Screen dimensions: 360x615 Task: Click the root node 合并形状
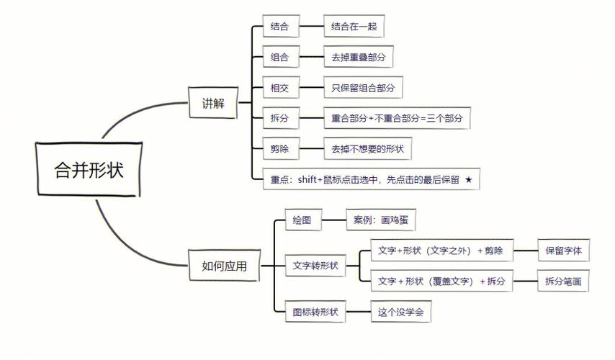point(89,170)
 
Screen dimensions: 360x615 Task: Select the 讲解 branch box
point(213,104)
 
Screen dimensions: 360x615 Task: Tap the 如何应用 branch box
point(224,266)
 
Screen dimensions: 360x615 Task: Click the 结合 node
point(279,27)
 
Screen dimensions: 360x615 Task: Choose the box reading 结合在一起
point(353,27)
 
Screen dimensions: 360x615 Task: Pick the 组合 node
point(279,58)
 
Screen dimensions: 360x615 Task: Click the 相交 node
point(279,88)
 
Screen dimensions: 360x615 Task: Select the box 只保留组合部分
point(363,88)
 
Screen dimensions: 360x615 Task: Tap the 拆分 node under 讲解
point(279,118)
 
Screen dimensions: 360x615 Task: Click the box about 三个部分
point(396,118)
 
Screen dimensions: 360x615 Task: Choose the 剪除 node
point(279,149)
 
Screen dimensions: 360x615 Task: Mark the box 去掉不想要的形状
point(367,149)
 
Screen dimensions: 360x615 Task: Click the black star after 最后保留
point(468,179)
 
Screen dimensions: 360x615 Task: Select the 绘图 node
point(301,220)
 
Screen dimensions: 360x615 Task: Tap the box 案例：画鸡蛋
point(380,220)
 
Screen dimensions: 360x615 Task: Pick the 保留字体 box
point(564,251)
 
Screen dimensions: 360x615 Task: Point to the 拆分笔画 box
point(564,281)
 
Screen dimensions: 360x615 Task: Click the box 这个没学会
point(400,312)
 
